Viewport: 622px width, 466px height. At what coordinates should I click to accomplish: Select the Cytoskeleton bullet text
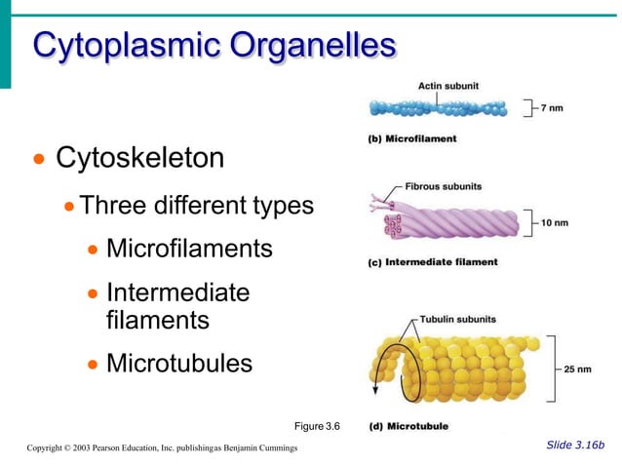click(x=139, y=157)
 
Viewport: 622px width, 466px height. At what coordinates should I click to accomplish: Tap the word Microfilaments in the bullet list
click(x=189, y=249)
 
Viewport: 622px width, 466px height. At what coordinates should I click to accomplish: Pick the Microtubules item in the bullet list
click(x=178, y=364)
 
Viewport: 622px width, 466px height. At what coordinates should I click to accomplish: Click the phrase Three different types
click(x=196, y=206)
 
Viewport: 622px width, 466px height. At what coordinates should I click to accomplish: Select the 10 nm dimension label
click(x=554, y=223)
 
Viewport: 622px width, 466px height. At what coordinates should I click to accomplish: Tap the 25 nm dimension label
click(x=577, y=369)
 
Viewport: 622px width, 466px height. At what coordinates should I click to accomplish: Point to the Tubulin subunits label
click(x=458, y=319)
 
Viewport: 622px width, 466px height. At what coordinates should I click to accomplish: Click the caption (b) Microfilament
click(x=412, y=139)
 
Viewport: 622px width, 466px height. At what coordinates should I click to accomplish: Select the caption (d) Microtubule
click(x=408, y=426)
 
